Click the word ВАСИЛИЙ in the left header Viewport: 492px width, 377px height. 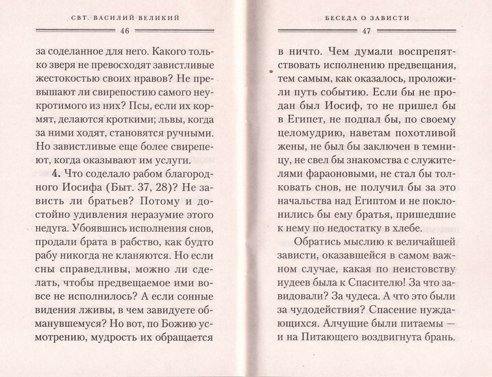coord(123,19)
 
